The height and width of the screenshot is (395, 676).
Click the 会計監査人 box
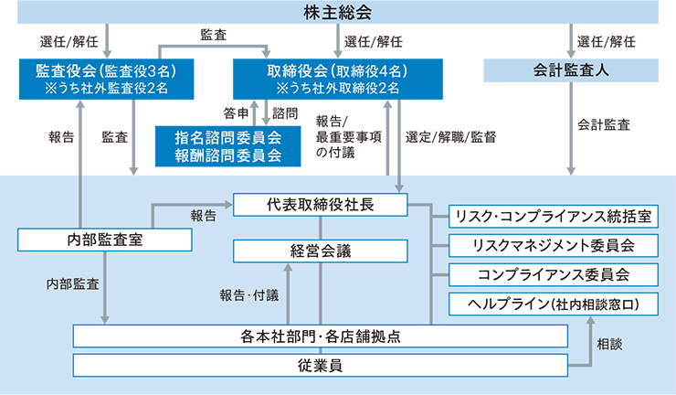tap(572, 69)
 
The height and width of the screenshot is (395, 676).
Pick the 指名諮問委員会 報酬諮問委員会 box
tap(227, 145)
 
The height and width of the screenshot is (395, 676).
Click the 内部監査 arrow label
tap(72, 284)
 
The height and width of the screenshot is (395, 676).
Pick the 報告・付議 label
tap(248, 294)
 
